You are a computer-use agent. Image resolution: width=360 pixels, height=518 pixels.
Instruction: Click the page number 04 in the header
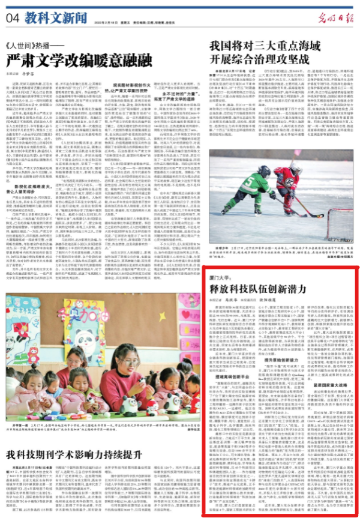[x=13, y=18]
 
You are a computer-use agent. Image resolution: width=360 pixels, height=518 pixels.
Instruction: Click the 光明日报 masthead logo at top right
[x=337, y=16]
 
